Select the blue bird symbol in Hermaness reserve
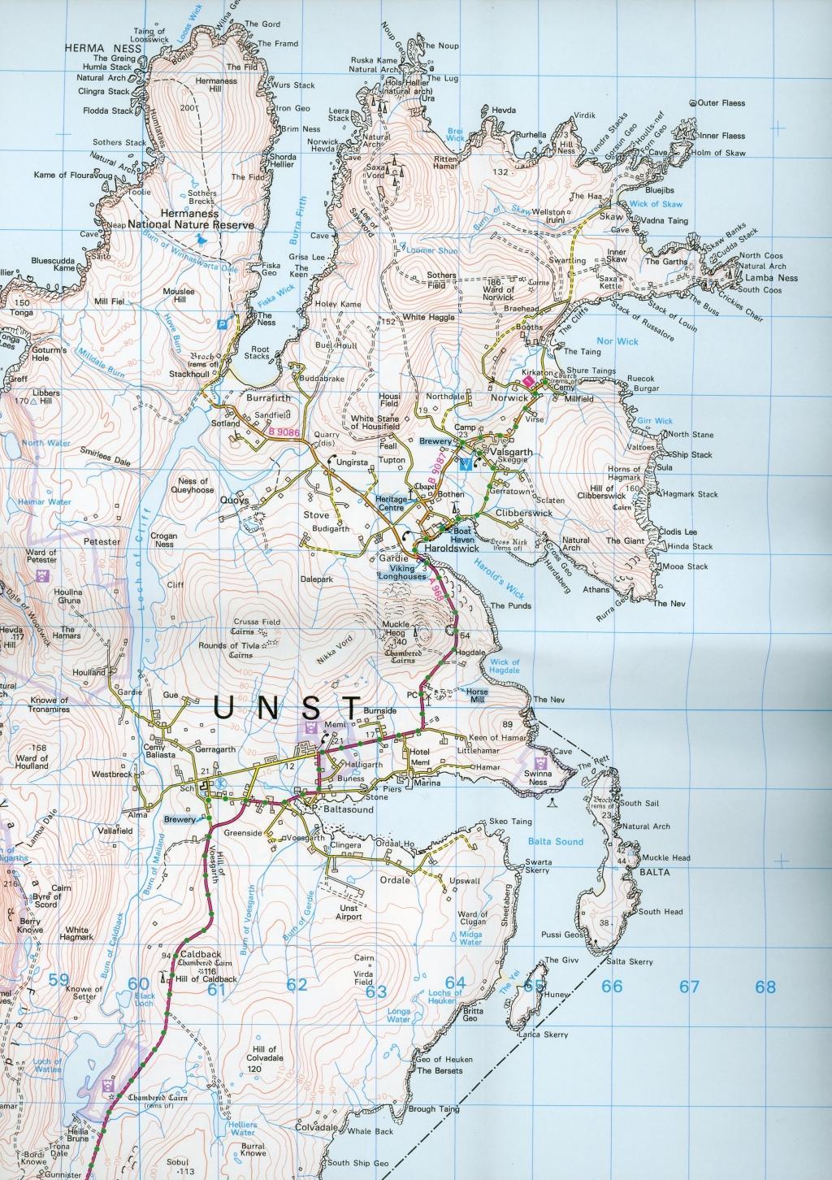click(200, 240)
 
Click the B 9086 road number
click(279, 435)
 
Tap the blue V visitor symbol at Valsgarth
click(465, 465)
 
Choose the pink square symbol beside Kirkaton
click(529, 380)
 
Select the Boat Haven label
click(455, 531)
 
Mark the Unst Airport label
click(349, 912)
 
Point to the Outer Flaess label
click(721, 103)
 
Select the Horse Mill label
click(478, 696)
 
